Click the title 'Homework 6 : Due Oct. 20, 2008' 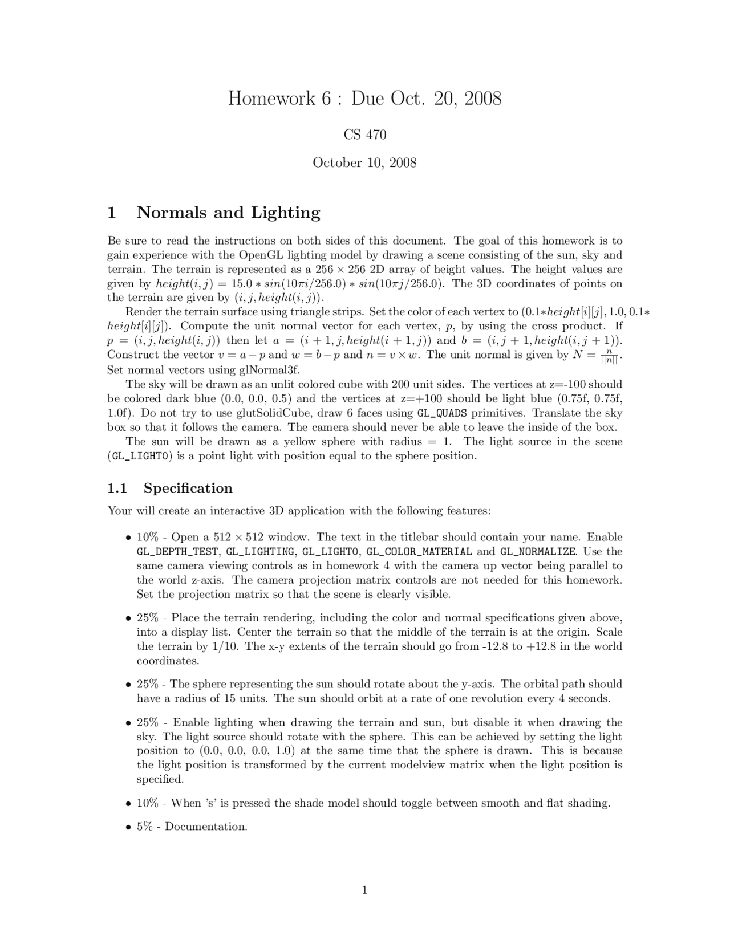click(365, 99)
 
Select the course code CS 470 click(365, 135)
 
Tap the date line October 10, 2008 click(365, 163)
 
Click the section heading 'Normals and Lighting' click(228, 213)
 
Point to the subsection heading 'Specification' click(188, 488)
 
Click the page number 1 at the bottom click(365, 890)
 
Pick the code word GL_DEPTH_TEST click(178, 552)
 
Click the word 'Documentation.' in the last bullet click(206, 827)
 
